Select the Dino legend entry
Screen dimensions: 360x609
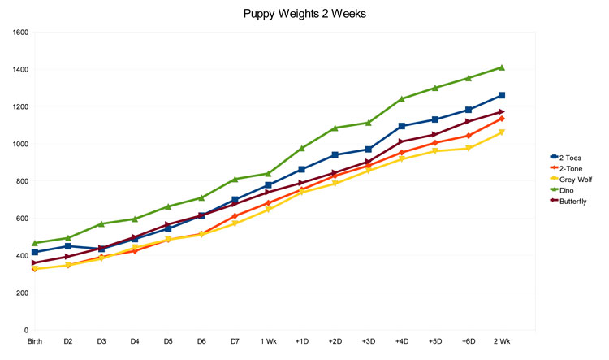click(x=567, y=189)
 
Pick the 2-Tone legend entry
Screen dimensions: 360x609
click(x=568, y=167)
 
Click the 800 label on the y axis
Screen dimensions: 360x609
click(x=19, y=181)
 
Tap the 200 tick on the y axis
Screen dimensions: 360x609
click(x=19, y=293)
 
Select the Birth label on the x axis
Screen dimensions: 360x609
click(x=35, y=341)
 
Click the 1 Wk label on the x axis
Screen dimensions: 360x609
click(x=268, y=341)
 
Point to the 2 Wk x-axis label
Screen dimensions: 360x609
click(x=502, y=341)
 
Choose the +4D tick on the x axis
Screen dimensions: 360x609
click(x=401, y=341)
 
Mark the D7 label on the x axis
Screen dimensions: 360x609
click(x=235, y=341)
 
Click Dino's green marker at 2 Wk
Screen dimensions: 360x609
click(x=502, y=67)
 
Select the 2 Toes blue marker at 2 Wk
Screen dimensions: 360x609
click(x=502, y=95)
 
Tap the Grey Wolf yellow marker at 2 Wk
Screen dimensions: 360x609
click(x=502, y=132)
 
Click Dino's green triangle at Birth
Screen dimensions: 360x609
click(x=35, y=243)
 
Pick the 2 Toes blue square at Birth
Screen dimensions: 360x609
click(x=35, y=252)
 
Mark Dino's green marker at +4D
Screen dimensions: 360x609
click(x=401, y=99)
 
